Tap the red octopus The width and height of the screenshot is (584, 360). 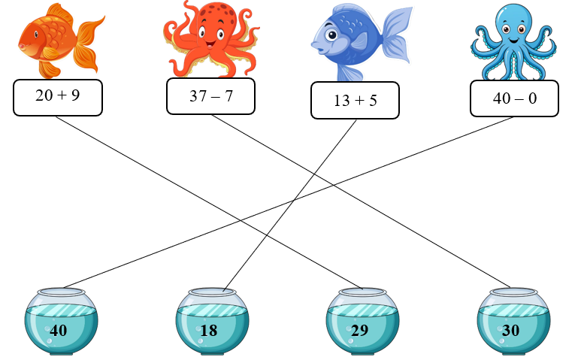tap(212, 39)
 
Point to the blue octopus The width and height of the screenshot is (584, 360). tap(513, 41)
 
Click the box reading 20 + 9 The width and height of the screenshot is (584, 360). tap(58, 97)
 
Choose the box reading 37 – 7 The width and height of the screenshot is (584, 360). tap(210, 96)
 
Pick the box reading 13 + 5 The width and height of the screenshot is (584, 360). tap(355, 101)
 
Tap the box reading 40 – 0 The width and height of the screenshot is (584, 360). tap(515, 98)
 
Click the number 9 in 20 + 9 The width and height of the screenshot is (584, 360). tap(75, 97)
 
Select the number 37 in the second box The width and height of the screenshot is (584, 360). tap(197, 96)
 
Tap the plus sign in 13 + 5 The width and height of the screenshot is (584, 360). tap(355, 101)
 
